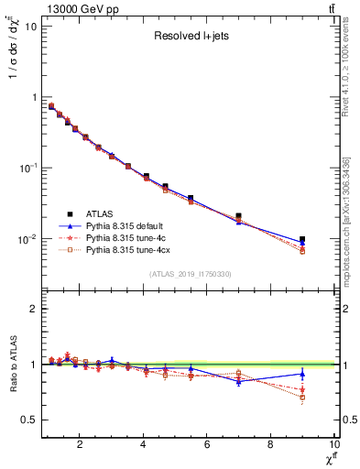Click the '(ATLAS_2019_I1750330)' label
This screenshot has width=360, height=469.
coord(190,274)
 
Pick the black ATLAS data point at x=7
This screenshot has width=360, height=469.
coord(238,216)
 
